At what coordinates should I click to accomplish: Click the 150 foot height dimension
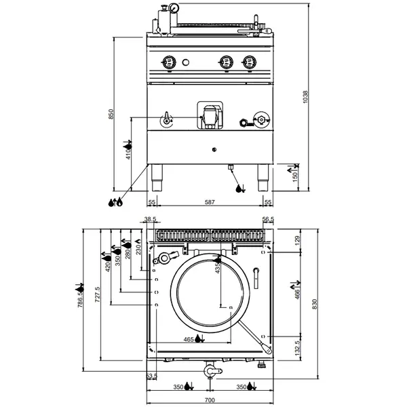(295, 176)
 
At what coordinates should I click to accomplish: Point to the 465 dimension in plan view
(190, 338)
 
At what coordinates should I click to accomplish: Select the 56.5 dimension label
(268, 220)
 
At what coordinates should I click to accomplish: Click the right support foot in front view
(262, 177)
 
